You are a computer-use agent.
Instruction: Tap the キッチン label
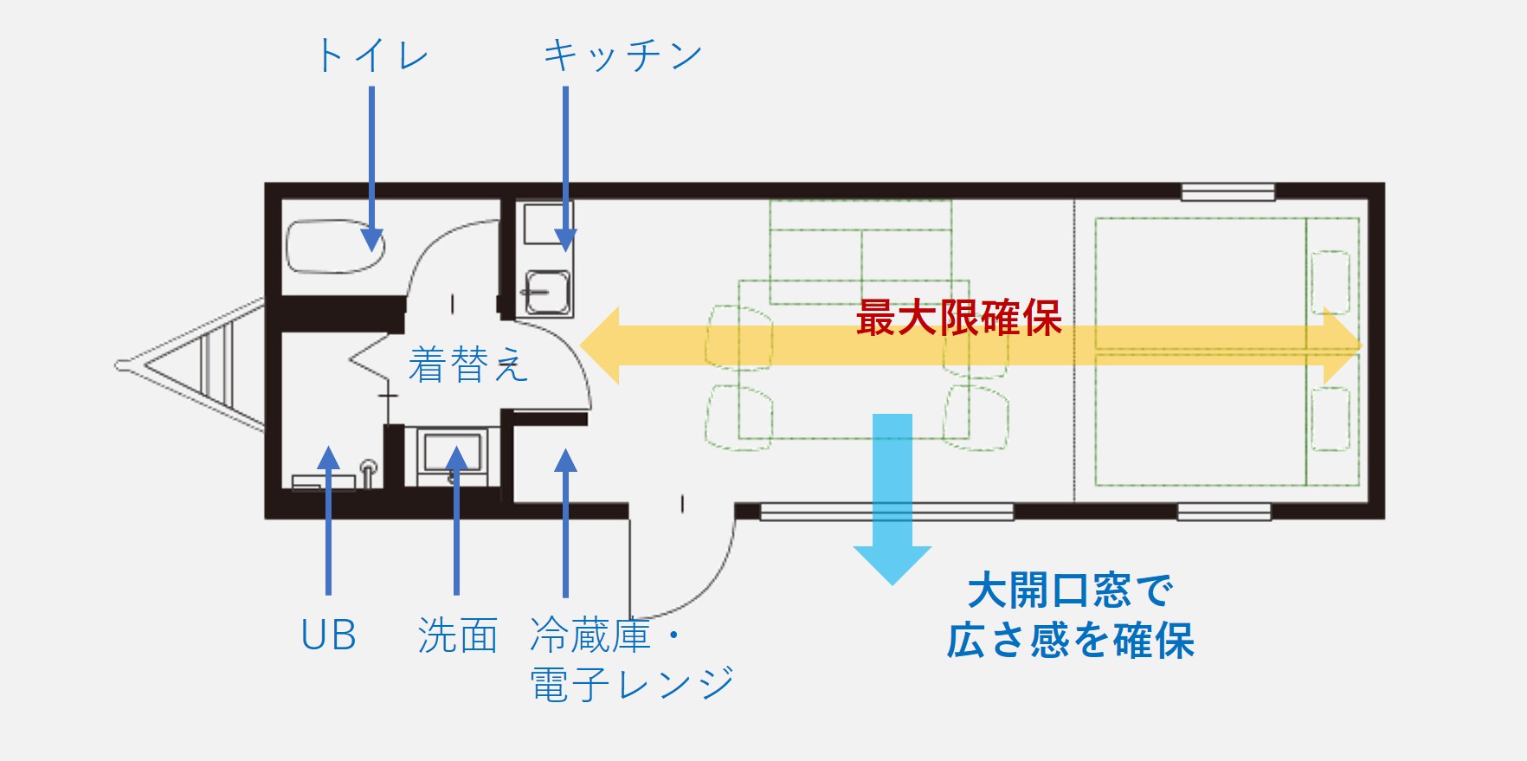622,55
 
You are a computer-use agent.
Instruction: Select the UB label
328,635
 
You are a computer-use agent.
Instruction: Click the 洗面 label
457,635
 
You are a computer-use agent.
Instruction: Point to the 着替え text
467,364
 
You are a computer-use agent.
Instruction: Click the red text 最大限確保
958,318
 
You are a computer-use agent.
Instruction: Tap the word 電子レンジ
632,684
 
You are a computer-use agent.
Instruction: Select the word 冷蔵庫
590,635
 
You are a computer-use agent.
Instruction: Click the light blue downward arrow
892,500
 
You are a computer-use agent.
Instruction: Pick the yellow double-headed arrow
970,345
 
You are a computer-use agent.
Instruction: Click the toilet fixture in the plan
335,247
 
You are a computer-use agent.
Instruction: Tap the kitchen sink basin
548,293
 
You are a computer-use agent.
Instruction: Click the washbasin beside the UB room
452,455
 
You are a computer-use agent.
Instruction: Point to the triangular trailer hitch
190,365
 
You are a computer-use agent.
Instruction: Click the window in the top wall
1227,192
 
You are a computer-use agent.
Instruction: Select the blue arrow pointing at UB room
328,519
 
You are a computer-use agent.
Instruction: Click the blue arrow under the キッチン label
565,169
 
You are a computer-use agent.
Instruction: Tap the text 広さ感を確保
1071,641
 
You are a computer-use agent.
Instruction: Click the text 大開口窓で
1071,590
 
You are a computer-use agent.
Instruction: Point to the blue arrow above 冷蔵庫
565,523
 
